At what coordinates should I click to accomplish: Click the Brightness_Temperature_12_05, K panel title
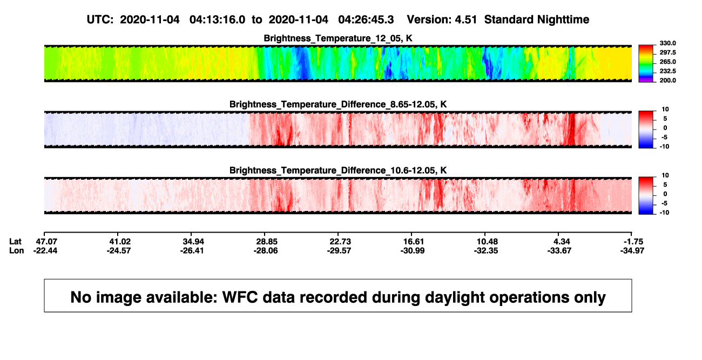point(338,38)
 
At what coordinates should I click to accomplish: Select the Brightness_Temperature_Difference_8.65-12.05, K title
point(338,104)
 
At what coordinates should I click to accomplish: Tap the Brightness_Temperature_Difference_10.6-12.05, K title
point(338,171)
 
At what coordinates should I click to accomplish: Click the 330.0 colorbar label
point(667,43)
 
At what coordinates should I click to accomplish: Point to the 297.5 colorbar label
point(667,52)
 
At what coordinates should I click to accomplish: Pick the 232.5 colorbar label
point(667,71)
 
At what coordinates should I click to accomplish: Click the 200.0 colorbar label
point(667,80)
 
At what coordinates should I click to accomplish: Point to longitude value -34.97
point(632,250)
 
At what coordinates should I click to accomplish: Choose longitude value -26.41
point(192,250)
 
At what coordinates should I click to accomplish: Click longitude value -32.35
point(486,250)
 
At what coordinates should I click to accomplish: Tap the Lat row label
point(15,242)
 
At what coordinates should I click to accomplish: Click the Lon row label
point(17,250)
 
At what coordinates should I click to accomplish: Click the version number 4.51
point(466,20)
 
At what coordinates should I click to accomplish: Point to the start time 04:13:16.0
point(218,20)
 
